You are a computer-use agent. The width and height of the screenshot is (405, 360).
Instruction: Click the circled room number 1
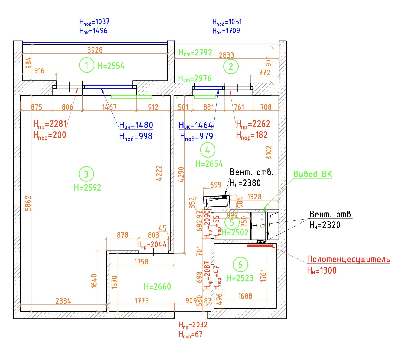(x=87, y=65)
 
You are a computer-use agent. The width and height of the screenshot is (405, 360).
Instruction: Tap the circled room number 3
(x=86, y=174)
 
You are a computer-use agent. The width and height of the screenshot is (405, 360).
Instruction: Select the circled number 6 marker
(x=240, y=264)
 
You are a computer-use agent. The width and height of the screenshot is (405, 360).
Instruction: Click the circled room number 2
(x=231, y=66)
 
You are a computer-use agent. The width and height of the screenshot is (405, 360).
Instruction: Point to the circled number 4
(x=208, y=150)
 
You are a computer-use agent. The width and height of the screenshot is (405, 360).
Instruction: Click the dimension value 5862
(x=28, y=203)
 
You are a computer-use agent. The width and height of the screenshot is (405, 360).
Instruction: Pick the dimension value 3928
(x=95, y=50)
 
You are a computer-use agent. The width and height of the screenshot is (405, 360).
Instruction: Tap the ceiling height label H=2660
(x=157, y=287)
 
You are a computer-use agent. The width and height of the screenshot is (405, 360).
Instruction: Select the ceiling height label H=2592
(x=87, y=187)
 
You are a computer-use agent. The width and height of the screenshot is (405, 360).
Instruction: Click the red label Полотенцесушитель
(x=348, y=259)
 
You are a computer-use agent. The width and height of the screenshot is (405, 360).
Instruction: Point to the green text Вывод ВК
(x=312, y=174)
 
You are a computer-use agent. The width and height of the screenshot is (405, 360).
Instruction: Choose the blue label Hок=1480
(x=136, y=125)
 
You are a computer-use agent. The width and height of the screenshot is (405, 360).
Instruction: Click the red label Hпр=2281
(x=50, y=124)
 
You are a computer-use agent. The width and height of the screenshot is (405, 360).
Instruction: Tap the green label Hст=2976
(x=195, y=78)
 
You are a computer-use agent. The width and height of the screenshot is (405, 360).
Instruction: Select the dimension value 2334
(x=63, y=301)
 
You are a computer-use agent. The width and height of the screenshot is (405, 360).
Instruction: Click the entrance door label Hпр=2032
(x=193, y=325)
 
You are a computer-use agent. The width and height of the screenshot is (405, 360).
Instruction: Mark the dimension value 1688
(x=245, y=296)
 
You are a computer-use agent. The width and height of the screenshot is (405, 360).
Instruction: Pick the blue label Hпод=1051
(x=227, y=22)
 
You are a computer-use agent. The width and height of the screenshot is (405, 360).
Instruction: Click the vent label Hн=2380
(x=245, y=183)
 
